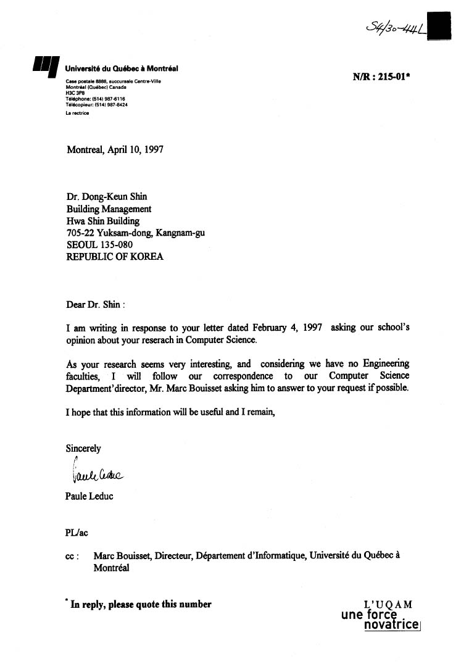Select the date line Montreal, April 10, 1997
click(x=115, y=149)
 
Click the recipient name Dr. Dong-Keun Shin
click(x=107, y=197)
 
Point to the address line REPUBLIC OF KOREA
click(x=115, y=257)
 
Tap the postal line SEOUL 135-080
click(x=99, y=245)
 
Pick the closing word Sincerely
click(x=83, y=449)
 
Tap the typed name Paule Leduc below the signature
click(x=89, y=496)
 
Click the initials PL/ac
click(x=78, y=531)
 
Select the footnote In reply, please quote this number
click(x=141, y=605)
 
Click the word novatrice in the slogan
click(x=392, y=625)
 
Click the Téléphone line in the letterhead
click(x=96, y=99)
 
